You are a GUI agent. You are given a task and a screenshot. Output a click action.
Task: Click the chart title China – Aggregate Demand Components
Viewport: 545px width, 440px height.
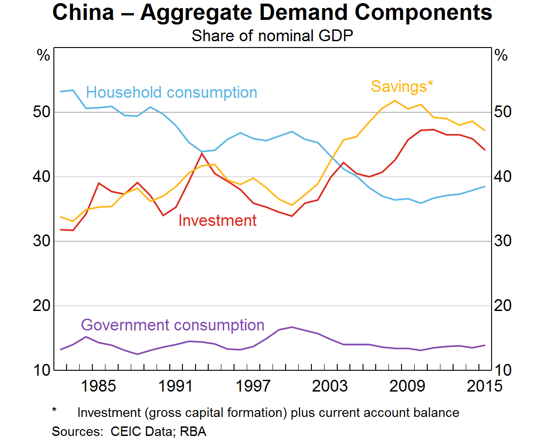coord(272,13)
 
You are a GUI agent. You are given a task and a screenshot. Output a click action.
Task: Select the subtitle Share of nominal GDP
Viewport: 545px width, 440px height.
coord(272,35)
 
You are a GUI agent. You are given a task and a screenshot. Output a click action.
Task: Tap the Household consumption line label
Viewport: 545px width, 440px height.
coord(172,92)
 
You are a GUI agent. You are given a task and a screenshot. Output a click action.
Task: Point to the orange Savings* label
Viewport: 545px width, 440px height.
coord(402,86)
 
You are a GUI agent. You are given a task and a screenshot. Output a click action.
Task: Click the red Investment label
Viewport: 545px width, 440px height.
coord(217,220)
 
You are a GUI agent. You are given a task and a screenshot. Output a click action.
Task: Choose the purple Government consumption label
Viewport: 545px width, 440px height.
coord(172,325)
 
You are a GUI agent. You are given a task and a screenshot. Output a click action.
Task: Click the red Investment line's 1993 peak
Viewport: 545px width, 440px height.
coord(202,153)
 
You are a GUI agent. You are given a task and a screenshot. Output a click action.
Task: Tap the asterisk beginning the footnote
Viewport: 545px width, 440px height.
coord(54,411)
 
